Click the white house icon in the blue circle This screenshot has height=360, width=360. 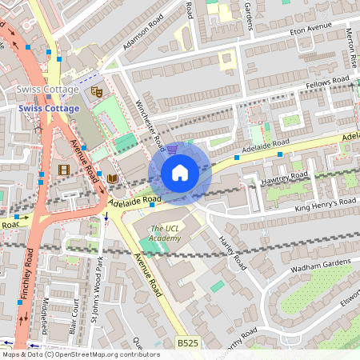[180, 172]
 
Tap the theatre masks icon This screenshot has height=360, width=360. [97, 92]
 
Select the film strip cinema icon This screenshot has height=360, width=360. [63, 169]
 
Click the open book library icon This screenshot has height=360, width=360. [112, 178]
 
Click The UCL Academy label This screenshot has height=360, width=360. [166, 233]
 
